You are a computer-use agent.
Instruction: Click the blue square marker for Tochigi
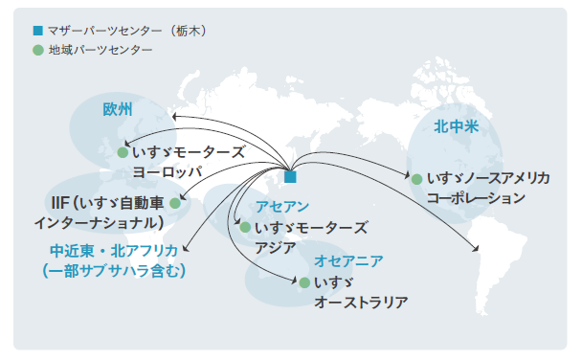point(290,176)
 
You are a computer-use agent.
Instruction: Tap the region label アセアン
point(281,207)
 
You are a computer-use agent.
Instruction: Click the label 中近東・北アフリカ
point(113,250)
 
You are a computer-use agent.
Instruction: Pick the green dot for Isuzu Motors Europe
point(123,152)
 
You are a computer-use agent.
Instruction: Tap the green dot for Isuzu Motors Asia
point(245,228)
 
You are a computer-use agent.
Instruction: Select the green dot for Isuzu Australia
point(303,283)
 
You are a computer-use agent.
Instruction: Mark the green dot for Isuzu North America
point(416,178)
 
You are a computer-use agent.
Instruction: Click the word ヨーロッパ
point(168,172)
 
